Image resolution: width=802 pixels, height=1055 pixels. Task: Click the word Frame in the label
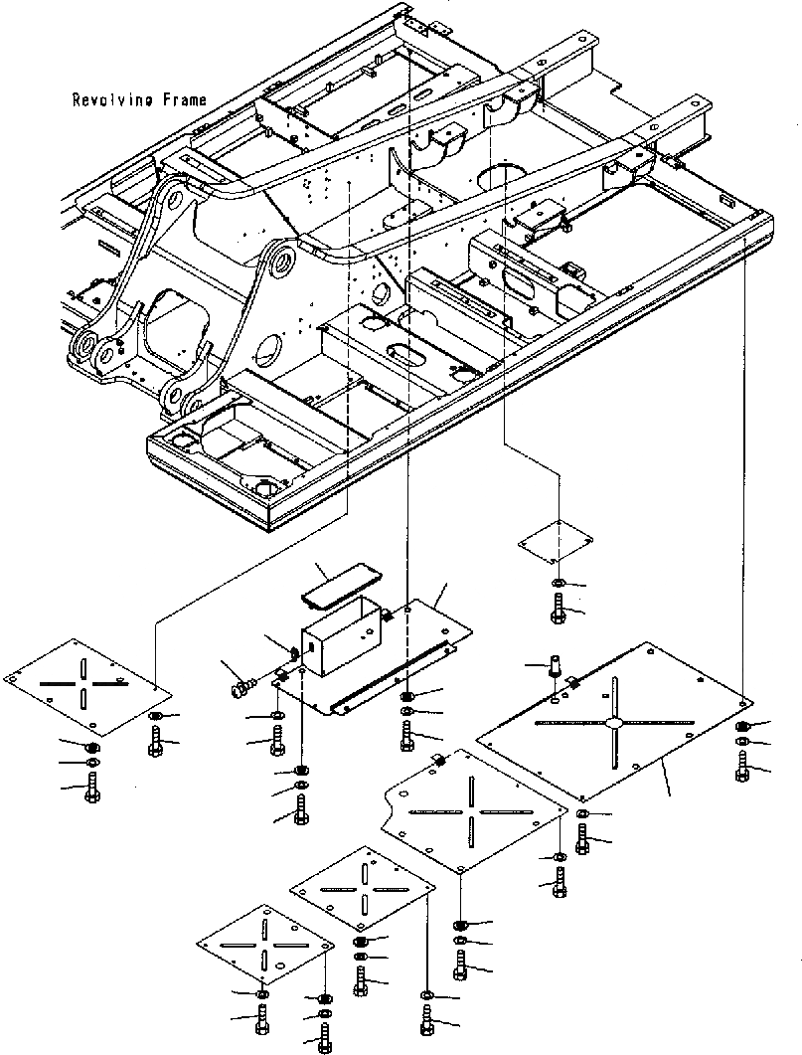[186, 99]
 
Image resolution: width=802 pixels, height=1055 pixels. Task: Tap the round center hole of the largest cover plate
[617, 721]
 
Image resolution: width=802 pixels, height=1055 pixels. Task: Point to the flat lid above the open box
[337, 588]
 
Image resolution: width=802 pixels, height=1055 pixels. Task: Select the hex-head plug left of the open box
[240, 686]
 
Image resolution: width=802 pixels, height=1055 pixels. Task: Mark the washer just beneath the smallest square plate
[558, 583]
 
